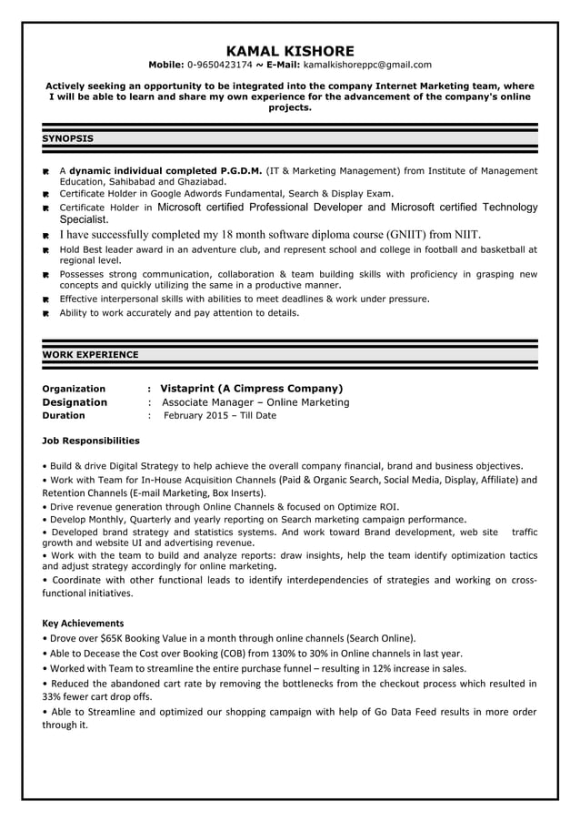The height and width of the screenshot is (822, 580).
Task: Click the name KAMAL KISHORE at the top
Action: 290,50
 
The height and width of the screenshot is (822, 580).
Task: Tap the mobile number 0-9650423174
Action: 220,65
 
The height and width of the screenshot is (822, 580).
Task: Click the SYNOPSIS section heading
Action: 68,138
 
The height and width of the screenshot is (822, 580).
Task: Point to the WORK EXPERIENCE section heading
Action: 91,354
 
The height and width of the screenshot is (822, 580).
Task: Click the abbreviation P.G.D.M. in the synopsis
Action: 241,170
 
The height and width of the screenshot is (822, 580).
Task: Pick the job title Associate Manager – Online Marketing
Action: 255,402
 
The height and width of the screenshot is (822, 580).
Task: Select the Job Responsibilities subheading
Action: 91,441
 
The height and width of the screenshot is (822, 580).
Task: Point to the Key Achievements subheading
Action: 83,623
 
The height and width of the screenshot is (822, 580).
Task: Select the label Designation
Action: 75,402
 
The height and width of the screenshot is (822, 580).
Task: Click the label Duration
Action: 64,416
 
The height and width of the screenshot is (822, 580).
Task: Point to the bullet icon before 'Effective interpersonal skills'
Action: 45,299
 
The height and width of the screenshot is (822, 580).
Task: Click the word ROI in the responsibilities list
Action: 387,507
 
